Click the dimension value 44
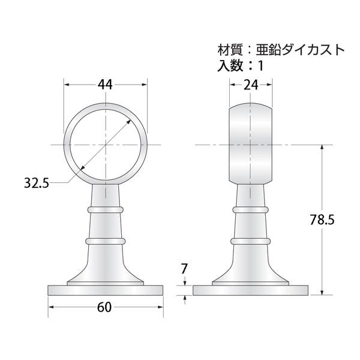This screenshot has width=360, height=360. click(x=105, y=85)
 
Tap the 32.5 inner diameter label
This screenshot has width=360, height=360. click(x=37, y=183)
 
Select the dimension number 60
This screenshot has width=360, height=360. click(x=104, y=307)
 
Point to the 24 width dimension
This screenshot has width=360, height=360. click(x=251, y=85)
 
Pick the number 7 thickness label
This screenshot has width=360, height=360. click(x=184, y=269)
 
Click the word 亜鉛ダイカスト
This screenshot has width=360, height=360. click(x=301, y=50)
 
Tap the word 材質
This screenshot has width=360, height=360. click(x=230, y=50)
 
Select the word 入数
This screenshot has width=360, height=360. click(x=230, y=65)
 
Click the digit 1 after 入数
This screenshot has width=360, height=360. click(x=260, y=66)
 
